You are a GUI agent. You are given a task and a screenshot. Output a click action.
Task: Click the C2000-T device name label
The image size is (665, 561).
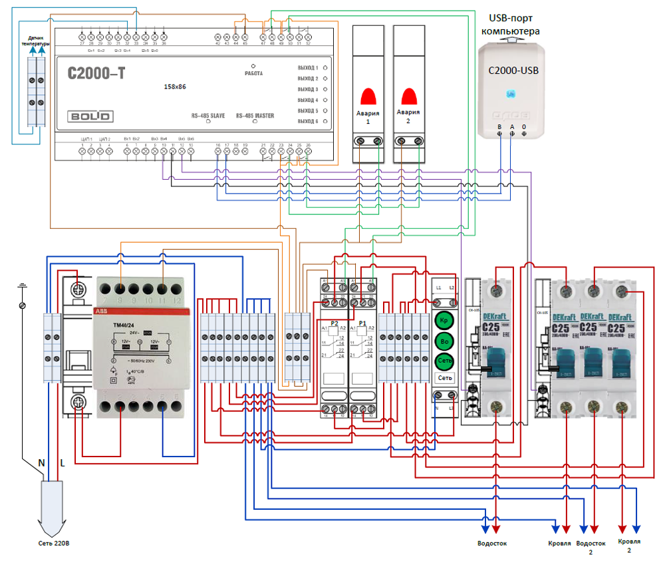coord(96,74)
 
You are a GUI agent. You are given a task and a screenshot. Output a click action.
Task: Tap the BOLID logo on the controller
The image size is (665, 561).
coord(88,115)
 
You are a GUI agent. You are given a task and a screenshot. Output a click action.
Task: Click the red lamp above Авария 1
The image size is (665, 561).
coord(368,95)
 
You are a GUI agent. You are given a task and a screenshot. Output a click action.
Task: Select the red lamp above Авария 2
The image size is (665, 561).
coord(409,95)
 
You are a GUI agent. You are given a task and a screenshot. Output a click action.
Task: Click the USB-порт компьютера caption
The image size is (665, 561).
coord(511,24)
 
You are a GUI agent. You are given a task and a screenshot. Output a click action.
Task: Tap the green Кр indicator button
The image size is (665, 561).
coord(443,321)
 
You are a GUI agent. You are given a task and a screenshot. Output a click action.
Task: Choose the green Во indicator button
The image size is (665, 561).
coord(443,342)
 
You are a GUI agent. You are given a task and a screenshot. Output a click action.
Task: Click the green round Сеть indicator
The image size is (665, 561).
coord(443,362)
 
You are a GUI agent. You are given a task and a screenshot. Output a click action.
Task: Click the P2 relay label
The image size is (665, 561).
coord(334,323)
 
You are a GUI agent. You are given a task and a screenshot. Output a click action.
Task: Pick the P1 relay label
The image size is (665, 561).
coord(362,323)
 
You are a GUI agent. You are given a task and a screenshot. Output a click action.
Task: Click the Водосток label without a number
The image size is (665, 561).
coord(491,543)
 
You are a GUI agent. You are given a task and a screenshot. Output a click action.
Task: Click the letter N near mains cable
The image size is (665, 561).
coord(41,463)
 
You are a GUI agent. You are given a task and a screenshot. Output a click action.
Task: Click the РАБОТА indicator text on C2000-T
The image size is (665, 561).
coord(253,73)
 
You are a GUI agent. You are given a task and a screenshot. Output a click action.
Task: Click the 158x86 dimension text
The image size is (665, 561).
coord(175,87)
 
